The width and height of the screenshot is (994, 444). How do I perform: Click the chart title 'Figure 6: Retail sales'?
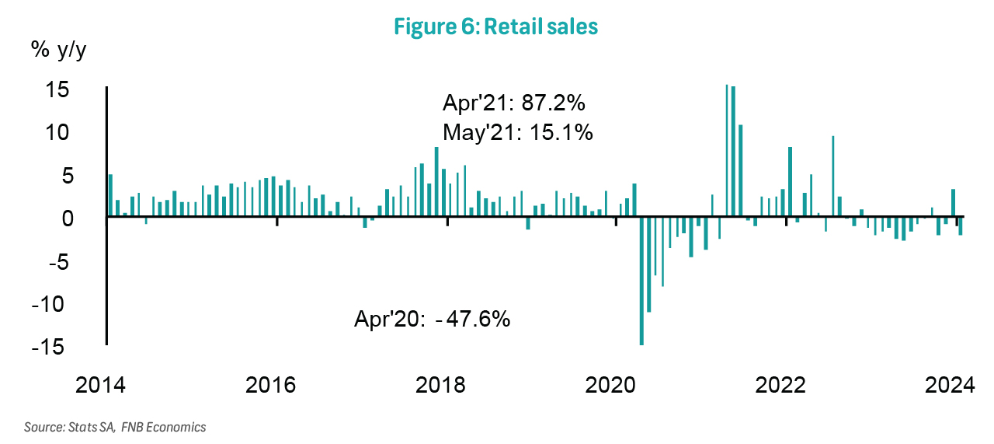click(495, 26)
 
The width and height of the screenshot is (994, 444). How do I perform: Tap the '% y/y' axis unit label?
click(58, 51)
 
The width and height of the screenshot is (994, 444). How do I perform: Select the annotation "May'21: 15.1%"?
click(518, 132)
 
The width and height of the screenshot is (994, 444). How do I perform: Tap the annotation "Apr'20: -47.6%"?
click(433, 319)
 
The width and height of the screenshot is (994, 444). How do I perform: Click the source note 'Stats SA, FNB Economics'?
click(115, 427)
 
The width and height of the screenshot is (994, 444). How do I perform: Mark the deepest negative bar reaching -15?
click(641, 281)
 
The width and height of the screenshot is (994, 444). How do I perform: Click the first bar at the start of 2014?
click(110, 196)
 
